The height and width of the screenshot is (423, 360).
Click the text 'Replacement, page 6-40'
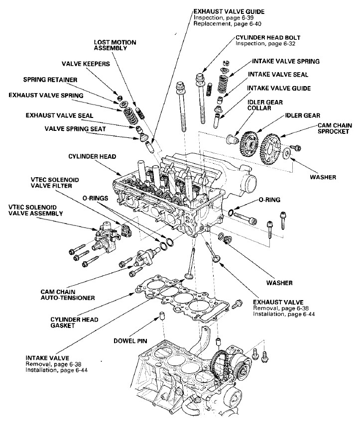[x=221, y=24]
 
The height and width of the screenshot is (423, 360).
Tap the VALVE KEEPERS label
[x=86, y=64]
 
